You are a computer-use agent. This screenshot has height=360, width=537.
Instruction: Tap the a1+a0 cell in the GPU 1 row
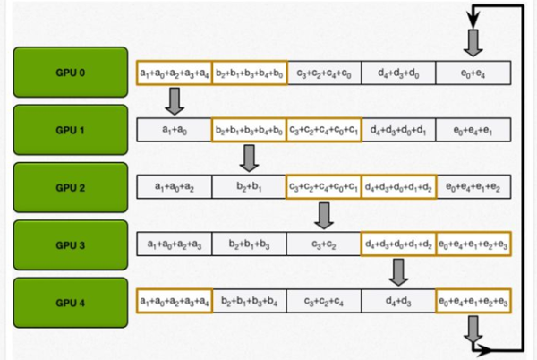tap(174, 130)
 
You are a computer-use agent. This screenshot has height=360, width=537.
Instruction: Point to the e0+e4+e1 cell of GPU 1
tap(473, 130)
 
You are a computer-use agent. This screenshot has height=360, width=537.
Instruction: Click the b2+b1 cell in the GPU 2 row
tap(248, 187)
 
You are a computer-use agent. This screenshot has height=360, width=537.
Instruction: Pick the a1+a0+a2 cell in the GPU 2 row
tap(174, 187)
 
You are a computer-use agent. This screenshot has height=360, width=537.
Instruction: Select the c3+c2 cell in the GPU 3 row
tap(323, 244)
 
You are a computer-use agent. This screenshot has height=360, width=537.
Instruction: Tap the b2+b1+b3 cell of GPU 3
tap(248, 244)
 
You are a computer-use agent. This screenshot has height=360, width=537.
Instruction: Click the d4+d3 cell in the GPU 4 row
tap(398, 300)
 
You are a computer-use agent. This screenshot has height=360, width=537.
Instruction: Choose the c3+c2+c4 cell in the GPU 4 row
tap(323, 300)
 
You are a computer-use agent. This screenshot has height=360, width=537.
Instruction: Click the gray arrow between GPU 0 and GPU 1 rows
tap(175, 101)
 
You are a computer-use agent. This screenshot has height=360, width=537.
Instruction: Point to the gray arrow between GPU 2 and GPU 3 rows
tap(324, 215)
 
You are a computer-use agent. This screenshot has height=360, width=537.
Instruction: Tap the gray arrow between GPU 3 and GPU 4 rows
tap(399, 271)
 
